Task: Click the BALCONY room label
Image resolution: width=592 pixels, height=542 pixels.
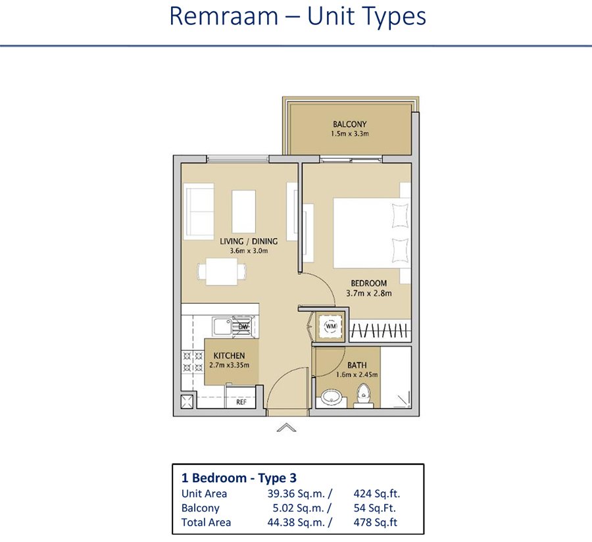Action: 350,124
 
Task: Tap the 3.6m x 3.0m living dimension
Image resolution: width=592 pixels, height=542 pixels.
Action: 249,251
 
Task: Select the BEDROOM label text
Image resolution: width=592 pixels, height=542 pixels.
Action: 369,283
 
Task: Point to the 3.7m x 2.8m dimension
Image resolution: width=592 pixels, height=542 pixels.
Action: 369,293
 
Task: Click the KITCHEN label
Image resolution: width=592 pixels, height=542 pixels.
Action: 229,356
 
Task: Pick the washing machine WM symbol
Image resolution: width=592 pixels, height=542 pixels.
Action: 331,326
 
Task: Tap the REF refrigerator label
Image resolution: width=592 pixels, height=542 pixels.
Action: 241,402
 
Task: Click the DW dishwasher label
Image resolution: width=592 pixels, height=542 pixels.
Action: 243,326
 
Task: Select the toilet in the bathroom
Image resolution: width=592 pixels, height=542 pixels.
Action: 364,395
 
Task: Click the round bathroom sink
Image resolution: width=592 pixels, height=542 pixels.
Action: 332,397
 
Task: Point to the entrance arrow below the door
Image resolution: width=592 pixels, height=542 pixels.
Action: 287,428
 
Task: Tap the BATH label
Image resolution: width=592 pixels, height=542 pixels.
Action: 357,365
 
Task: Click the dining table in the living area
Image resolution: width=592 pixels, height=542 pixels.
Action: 222,272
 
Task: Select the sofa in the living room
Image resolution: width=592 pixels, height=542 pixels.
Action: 199,211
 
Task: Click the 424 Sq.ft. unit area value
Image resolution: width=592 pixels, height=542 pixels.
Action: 376,494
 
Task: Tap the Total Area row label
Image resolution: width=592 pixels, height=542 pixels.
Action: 206,522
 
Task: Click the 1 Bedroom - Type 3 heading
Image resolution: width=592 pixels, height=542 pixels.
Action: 239,478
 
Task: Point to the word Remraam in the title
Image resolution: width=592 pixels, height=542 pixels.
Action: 224,16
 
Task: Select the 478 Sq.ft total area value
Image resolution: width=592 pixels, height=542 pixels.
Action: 376,522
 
